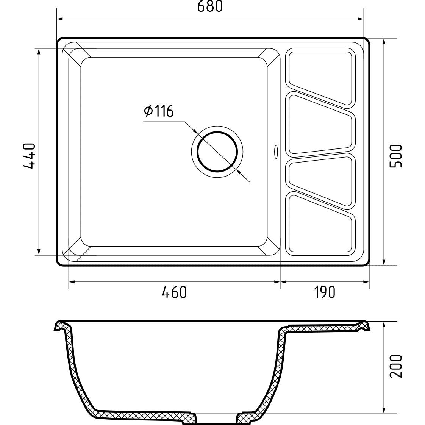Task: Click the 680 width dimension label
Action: [210, 6]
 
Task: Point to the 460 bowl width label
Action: [174, 292]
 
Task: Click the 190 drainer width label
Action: [324, 292]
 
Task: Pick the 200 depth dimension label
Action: [396, 366]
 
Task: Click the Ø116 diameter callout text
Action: [159, 111]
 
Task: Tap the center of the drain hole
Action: [217, 152]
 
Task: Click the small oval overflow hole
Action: [276, 152]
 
